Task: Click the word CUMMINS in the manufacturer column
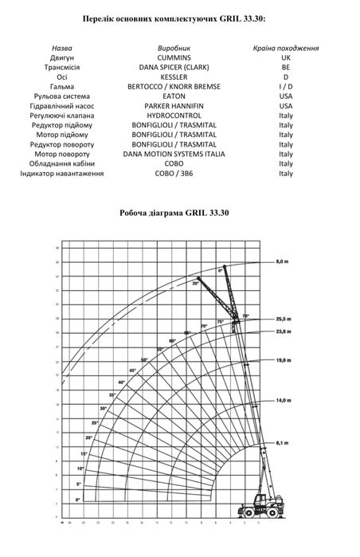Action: point(174,58)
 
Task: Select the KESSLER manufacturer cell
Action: point(174,77)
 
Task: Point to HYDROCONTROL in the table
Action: point(174,116)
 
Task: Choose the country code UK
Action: point(286,58)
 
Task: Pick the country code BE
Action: point(286,68)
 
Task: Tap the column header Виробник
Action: point(174,48)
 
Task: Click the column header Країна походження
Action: point(286,48)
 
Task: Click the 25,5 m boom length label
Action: point(281,319)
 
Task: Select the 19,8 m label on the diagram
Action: point(281,360)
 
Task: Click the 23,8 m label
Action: point(281,331)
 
